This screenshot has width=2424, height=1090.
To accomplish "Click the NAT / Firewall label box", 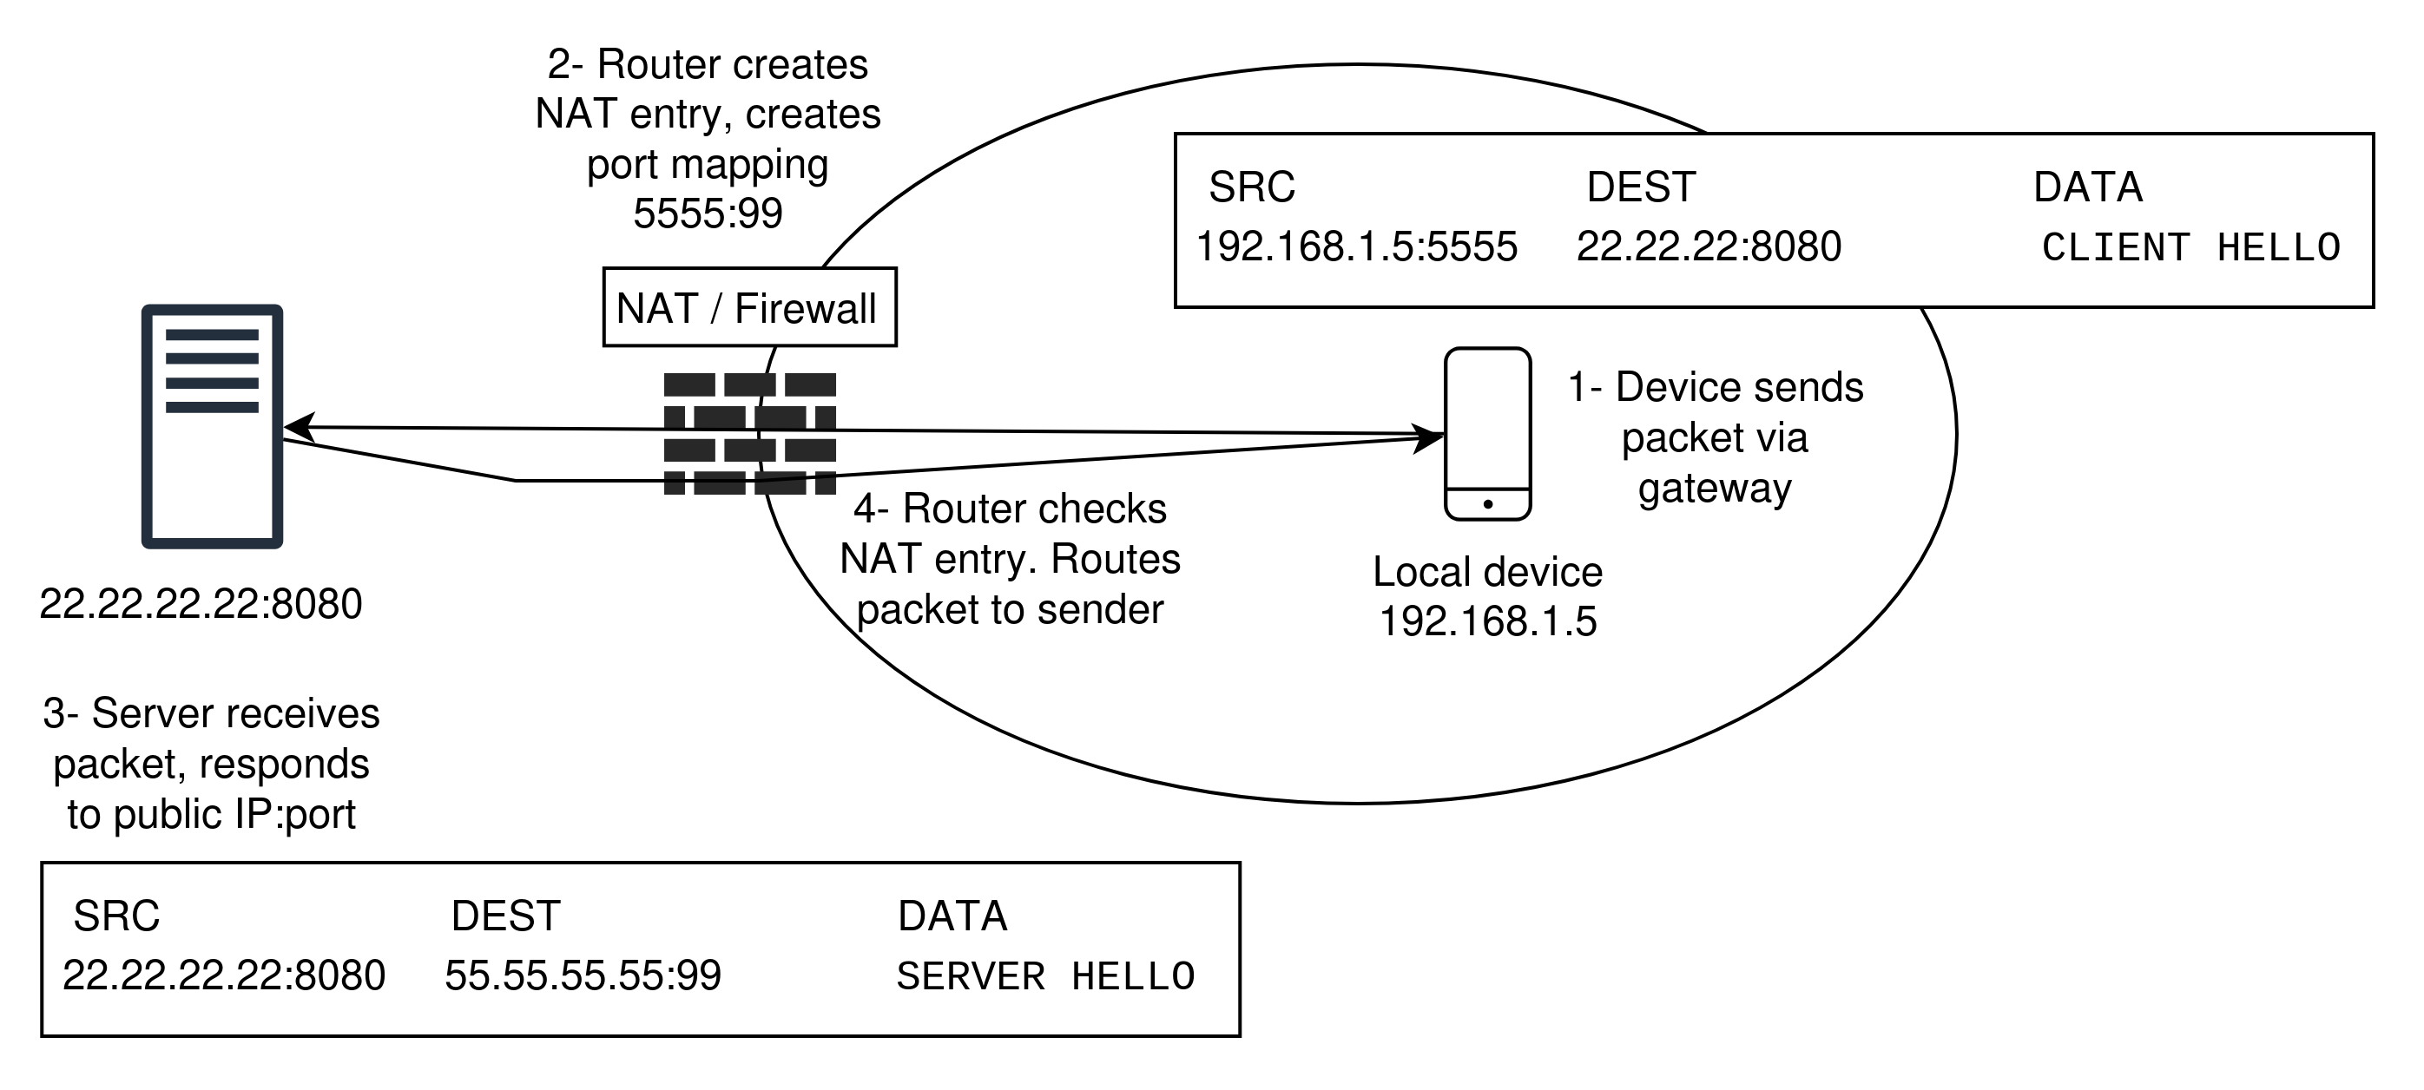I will tap(750, 307).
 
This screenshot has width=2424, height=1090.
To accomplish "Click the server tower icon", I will tap(212, 426).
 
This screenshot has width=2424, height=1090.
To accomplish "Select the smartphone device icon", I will tap(1488, 434).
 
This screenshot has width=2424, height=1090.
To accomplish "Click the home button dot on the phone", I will tap(1488, 504).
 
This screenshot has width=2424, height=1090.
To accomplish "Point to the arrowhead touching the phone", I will tap(1433, 437).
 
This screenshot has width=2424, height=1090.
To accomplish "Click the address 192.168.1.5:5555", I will tap(1356, 247).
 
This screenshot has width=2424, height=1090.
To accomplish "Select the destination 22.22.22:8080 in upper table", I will tap(1708, 247).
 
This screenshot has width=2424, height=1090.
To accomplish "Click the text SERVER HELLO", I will tap(1045, 976).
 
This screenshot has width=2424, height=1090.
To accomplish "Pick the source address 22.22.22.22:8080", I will tap(224, 975).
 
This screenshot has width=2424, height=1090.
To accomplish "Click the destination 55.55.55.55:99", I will tap(583, 975).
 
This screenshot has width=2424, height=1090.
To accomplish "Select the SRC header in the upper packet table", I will tap(1252, 187).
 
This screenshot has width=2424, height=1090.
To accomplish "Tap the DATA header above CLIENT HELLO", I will tap(2087, 187).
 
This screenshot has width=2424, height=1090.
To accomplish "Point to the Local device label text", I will tap(1486, 572).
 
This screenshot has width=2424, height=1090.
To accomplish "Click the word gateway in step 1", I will tap(1715, 488).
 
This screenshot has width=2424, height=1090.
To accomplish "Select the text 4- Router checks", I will tap(1010, 509).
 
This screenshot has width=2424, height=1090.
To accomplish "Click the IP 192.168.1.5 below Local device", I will tap(1486, 621).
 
